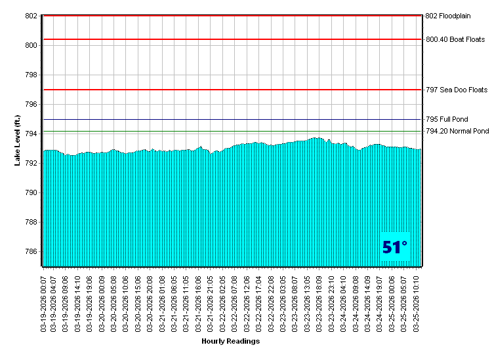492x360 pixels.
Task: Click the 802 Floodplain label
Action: (x=449, y=16)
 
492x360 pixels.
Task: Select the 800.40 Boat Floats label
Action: (x=455, y=39)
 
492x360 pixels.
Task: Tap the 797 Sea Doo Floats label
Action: (x=457, y=90)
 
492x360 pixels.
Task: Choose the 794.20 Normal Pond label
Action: (x=457, y=132)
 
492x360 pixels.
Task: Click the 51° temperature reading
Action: (x=395, y=247)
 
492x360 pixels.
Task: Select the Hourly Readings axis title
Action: (x=230, y=341)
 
